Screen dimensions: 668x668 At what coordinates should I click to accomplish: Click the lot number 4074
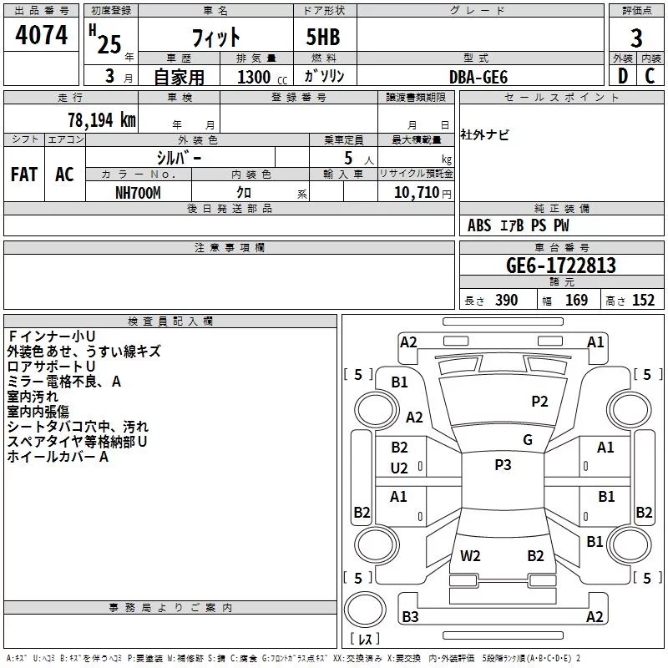click(41, 35)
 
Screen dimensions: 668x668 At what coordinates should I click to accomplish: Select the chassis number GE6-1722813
click(561, 266)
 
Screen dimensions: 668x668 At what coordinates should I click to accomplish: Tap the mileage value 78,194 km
click(102, 120)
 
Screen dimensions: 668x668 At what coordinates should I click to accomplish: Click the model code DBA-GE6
click(478, 77)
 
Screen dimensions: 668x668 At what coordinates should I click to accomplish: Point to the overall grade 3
click(636, 38)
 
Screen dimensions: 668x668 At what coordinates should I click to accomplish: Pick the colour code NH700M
click(138, 193)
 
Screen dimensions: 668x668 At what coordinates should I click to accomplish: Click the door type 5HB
click(323, 37)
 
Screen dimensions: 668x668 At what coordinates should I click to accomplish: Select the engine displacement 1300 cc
click(262, 77)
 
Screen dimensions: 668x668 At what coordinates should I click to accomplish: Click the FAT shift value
click(24, 175)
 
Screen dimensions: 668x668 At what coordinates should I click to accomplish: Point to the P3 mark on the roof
click(503, 465)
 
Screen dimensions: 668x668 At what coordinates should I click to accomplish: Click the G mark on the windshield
click(528, 440)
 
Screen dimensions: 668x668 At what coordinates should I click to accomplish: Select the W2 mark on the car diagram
click(470, 556)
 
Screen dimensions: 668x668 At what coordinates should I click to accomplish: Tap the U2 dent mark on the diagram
click(399, 468)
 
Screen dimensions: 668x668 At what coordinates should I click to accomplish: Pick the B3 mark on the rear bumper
click(410, 616)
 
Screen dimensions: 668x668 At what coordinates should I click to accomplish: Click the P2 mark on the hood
click(539, 402)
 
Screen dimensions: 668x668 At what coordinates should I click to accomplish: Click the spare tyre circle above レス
click(365, 610)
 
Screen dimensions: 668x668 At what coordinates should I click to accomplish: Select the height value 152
click(643, 301)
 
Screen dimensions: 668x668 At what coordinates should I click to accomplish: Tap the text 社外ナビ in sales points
click(484, 135)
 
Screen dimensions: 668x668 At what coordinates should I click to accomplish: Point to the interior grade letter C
click(650, 76)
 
